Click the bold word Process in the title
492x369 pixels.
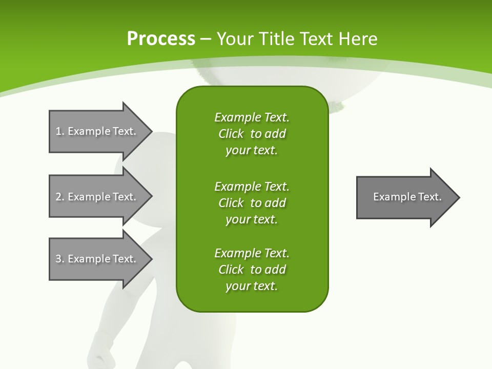tap(161, 39)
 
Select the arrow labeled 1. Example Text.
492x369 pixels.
tap(100, 131)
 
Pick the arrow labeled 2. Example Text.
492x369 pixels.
tap(100, 197)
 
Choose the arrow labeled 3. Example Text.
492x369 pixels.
tap(100, 259)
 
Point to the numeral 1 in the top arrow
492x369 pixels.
tap(59, 131)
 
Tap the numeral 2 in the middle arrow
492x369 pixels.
tap(59, 197)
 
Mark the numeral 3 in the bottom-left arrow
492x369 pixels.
tap(59, 259)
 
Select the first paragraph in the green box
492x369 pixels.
tap(252, 134)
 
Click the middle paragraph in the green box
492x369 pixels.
tap(252, 202)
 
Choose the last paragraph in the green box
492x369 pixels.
tap(252, 270)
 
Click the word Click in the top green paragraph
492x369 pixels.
tap(231, 134)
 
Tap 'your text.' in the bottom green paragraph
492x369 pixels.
tap(252, 286)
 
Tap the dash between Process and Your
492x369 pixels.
tap(206, 39)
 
